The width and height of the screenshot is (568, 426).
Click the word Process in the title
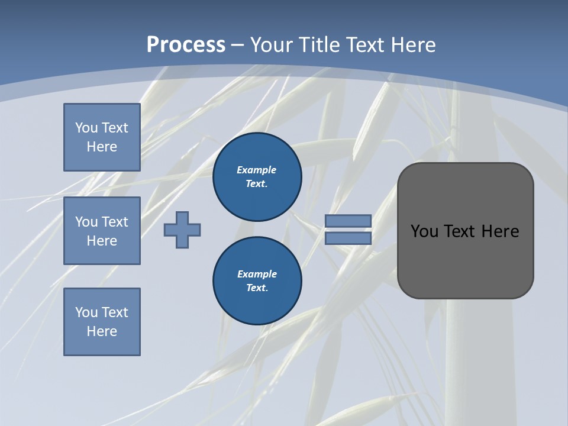pyautogui.click(x=186, y=45)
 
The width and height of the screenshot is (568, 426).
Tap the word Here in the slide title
pyautogui.click(x=412, y=45)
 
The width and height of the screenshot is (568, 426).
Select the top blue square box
pyautogui.click(x=102, y=137)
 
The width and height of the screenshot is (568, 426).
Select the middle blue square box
pyautogui.click(x=102, y=231)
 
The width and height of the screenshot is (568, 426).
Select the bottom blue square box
pyautogui.click(x=102, y=322)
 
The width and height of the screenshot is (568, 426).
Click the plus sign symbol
pyautogui.click(x=182, y=230)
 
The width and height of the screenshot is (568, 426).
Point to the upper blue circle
pyautogui.click(x=257, y=177)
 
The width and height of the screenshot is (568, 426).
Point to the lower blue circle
pyautogui.click(x=257, y=281)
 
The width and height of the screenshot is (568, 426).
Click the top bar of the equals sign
pyautogui.click(x=348, y=221)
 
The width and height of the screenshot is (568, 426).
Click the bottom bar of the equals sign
pyautogui.click(x=348, y=238)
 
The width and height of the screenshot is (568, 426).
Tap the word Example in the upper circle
pyautogui.click(x=256, y=170)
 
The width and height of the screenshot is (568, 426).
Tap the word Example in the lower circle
pyautogui.click(x=257, y=274)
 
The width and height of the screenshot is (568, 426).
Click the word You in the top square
pyautogui.click(x=86, y=128)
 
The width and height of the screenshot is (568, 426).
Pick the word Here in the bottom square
pyautogui.click(x=102, y=331)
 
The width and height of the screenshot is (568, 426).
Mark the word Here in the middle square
pyautogui.click(x=102, y=241)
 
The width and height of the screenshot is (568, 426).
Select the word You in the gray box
pyautogui.click(x=424, y=231)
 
